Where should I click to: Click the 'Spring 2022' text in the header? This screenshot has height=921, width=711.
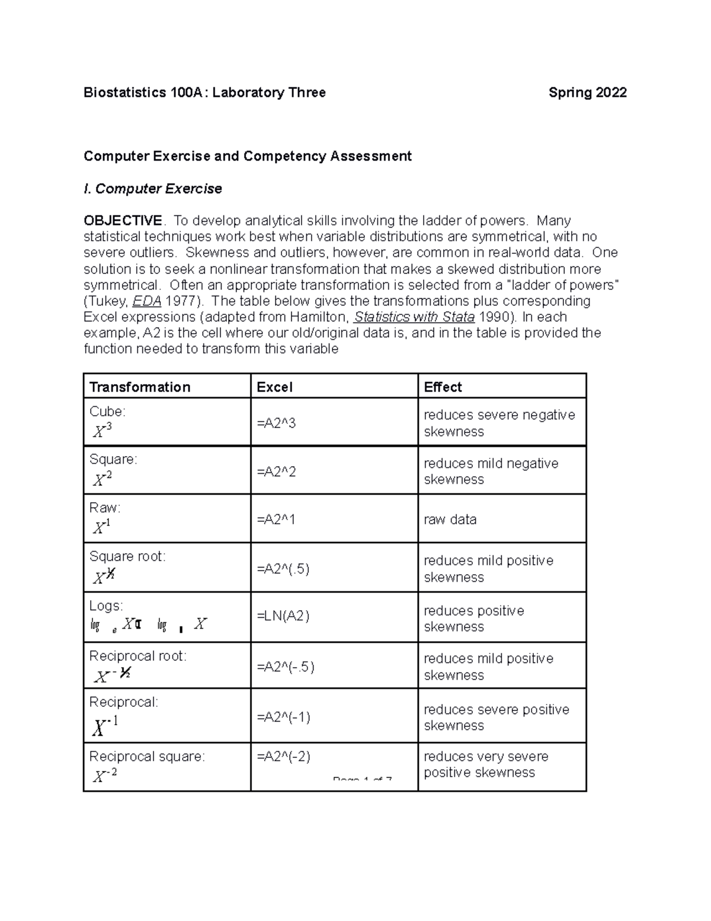pyautogui.click(x=587, y=93)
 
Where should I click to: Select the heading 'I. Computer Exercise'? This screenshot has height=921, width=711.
pyautogui.click(x=153, y=189)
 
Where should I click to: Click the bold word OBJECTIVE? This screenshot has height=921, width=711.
pyautogui.click(x=123, y=221)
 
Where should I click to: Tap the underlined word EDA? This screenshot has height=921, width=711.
pyautogui.click(x=147, y=301)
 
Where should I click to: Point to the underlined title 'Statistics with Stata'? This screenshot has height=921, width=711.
pyautogui.click(x=414, y=317)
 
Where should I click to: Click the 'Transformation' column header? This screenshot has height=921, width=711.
pyautogui.click(x=140, y=387)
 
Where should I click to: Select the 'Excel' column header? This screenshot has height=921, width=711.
pyautogui.click(x=274, y=387)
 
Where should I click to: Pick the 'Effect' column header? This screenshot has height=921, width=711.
pyautogui.click(x=443, y=387)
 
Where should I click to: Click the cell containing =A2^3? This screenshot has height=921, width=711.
pyautogui.click(x=276, y=423)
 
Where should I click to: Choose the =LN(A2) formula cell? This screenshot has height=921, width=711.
pyautogui.click(x=283, y=616)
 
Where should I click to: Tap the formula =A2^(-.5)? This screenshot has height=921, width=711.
pyautogui.click(x=286, y=667)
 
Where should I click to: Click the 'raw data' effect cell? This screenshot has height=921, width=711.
pyautogui.click(x=450, y=520)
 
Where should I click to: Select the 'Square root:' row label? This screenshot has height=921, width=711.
pyautogui.click(x=127, y=556)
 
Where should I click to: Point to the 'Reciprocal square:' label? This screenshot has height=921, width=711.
pyautogui.click(x=147, y=757)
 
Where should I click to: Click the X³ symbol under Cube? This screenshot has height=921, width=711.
pyautogui.click(x=102, y=431)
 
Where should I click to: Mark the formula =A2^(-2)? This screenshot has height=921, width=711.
pyautogui.click(x=283, y=757)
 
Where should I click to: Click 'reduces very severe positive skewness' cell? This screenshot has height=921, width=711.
pyautogui.click(x=486, y=764)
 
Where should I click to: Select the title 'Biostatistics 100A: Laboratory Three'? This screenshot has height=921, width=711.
pyautogui.click(x=204, y=93)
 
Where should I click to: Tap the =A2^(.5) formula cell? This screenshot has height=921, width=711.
pyautogui.click(x=283, y=569)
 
